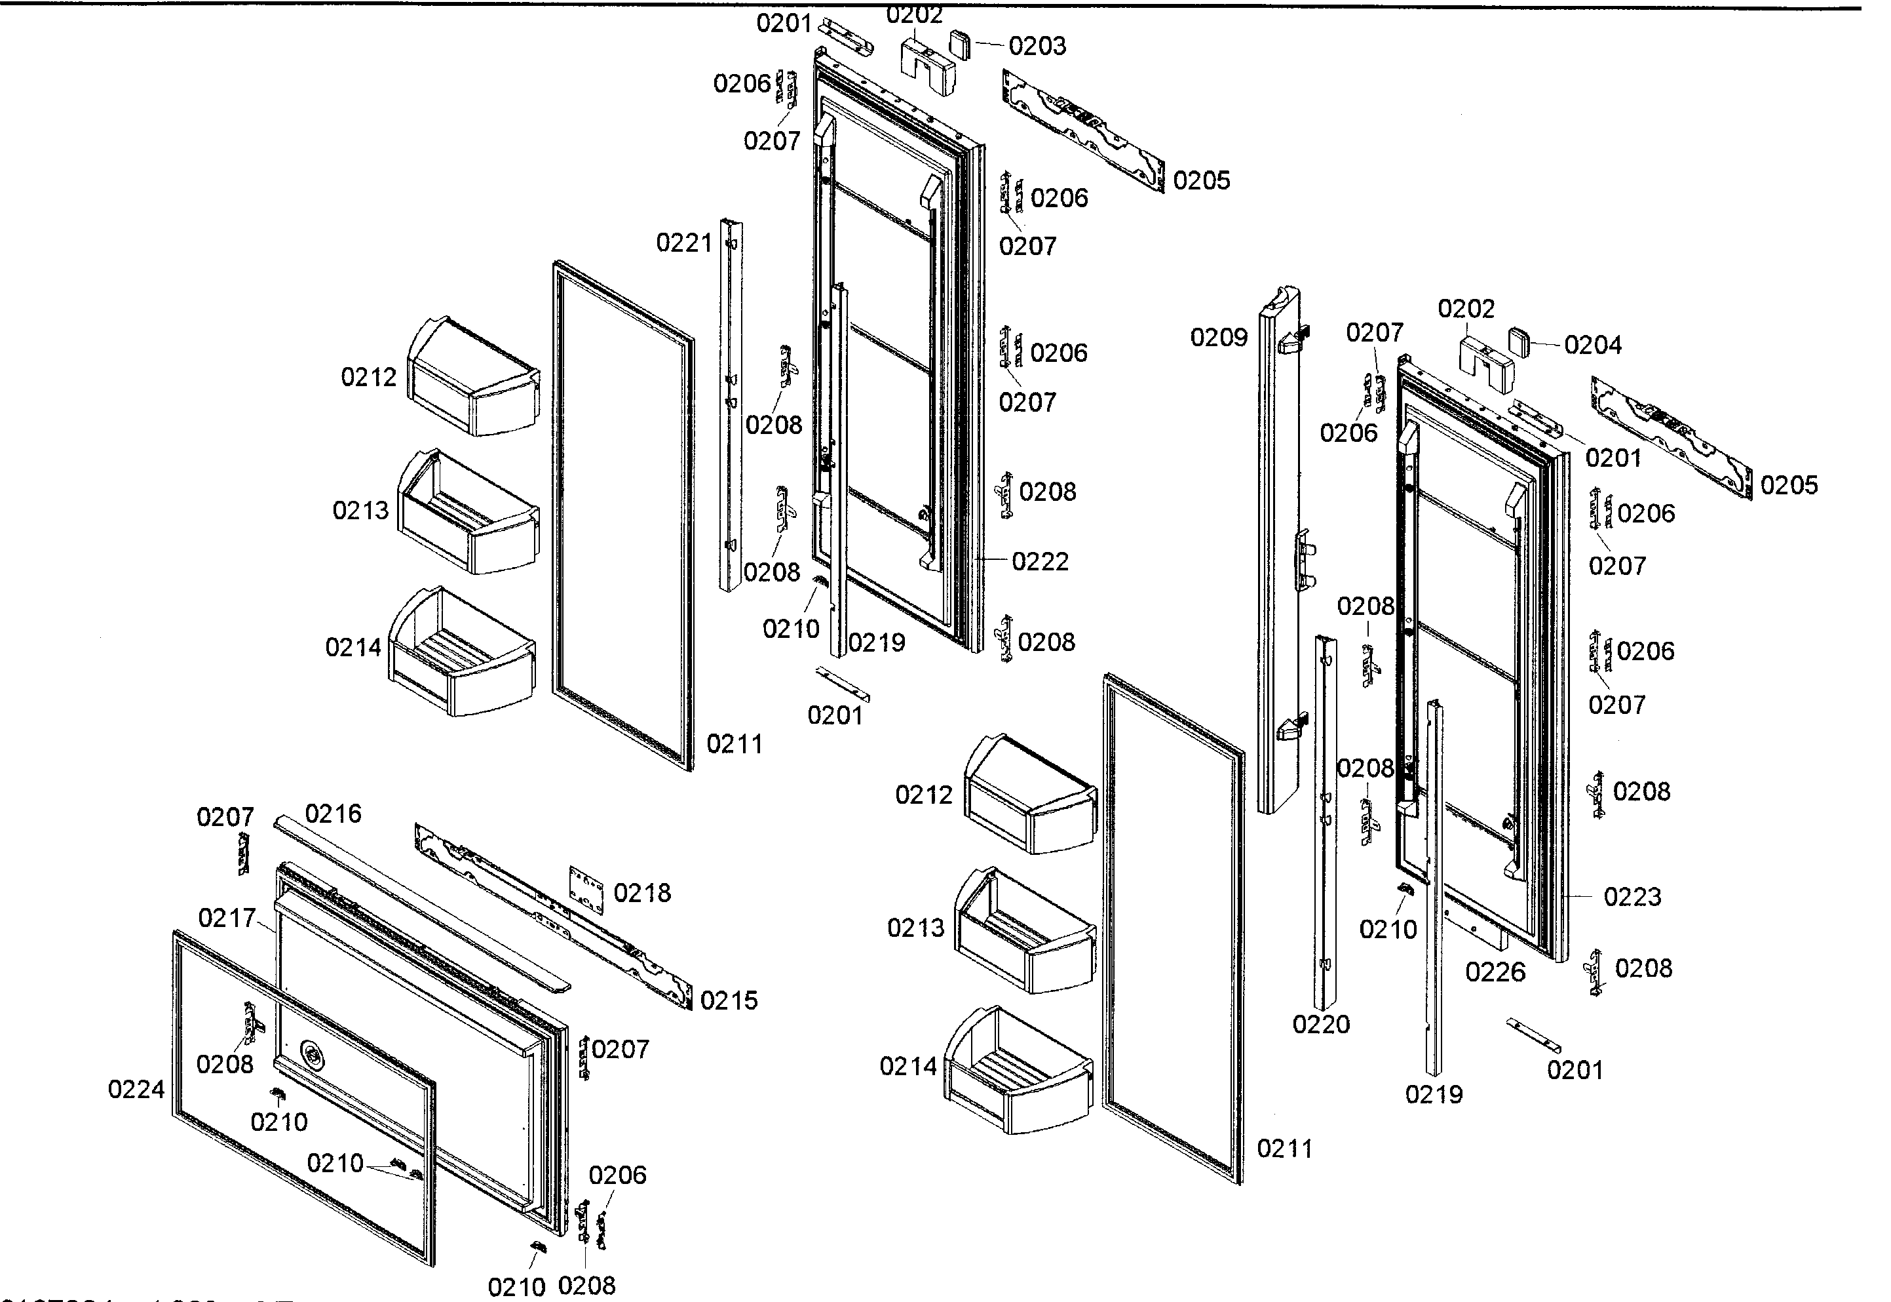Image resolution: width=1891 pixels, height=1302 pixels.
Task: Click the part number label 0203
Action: pyautogui.click(x=1037, y=47)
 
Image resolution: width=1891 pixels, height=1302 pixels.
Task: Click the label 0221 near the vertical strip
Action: pyautogui.click(x=683, y=243)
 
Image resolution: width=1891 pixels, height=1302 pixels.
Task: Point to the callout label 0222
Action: pyautogui.click(x=1040, y=561)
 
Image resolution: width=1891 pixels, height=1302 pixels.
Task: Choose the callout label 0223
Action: pyautogui.click(x=1632, y=897)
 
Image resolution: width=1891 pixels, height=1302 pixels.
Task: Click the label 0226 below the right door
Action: pyautogui.click(x=1495, y=972)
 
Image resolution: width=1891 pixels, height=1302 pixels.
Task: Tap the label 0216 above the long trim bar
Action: pyautogui.click(x=333, y=814)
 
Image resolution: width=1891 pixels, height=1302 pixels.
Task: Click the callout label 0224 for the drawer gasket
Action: pyautogui.click(x=136, y=1089)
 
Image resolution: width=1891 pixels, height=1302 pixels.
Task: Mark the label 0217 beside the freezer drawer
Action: pyautogui.click(x=227, y=918)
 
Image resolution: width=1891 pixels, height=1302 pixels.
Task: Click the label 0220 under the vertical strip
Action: pyautogui.click(x=1321, y=1024)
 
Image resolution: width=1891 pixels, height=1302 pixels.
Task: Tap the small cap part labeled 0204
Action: pyautogui.click(x=1519, y=340)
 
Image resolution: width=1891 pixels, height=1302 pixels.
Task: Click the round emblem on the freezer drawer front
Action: pyautogui.click(x=311, y=1053)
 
